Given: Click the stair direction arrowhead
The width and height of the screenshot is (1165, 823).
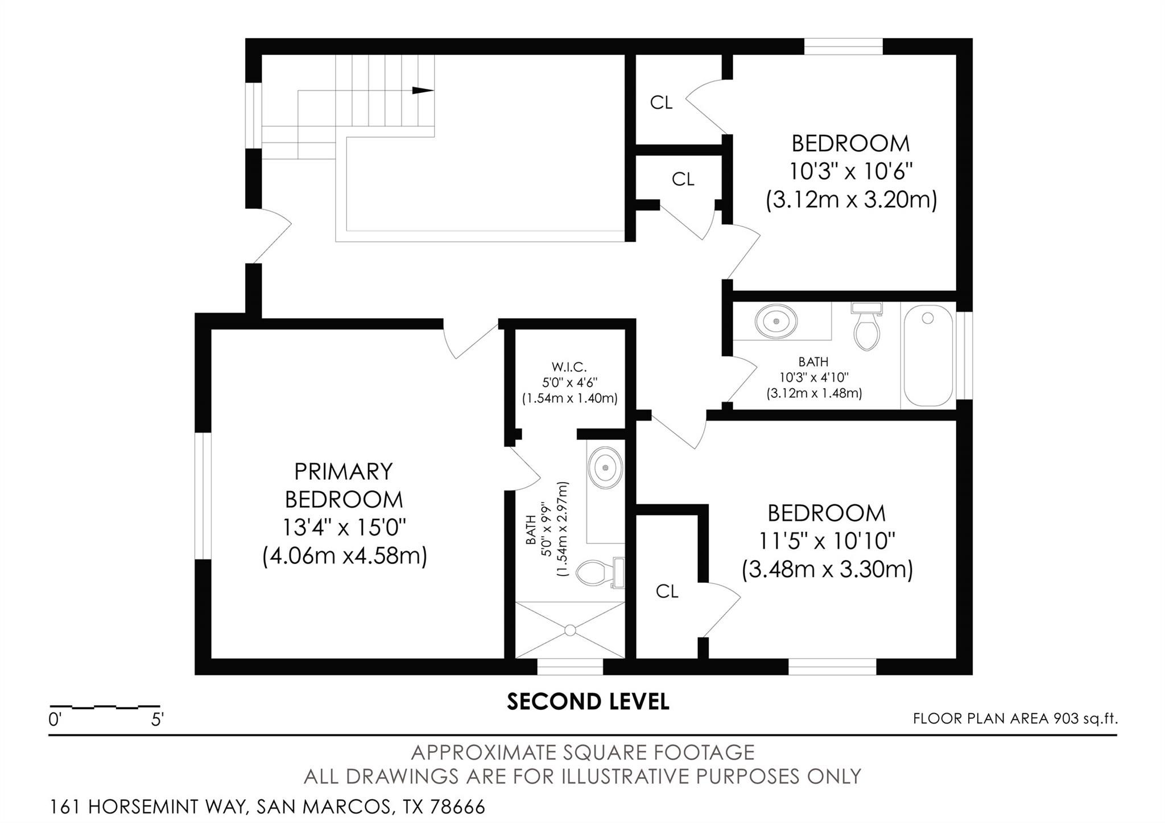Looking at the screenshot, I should pyautogui.click(x=423, y=90).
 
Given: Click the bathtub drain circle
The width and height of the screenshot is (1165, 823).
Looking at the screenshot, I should pyautogui.click(x=928, y=319).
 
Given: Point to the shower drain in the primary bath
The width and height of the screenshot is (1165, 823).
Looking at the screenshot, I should pyautogui.click(x=570, y=630).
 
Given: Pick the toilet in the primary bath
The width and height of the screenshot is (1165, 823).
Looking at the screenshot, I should pyautogui.click(x=597, y=572).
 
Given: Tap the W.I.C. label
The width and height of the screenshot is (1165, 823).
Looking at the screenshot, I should pyautogui.click(x=569, y=367).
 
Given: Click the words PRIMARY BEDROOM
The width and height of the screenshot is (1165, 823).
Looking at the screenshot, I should pyautogui.click(x=344, y=485).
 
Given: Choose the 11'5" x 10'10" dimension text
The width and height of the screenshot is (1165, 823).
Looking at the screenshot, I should pyautogui.click(x=827, y=541).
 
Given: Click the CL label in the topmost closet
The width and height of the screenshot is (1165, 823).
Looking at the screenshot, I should pyautogui.click(x=661, y=103).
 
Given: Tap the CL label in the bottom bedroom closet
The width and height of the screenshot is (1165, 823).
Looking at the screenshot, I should pyautogui.click(x=667, y=592).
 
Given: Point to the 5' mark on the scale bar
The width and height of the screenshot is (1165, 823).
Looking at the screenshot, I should pyautogui.click(x=157, y=719).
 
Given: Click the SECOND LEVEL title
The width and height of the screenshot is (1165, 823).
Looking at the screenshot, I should pyautogui.click(x=588, y=702).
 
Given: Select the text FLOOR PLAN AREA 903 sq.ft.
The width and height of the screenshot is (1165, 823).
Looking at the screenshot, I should pyautogui.click(x=1015, y=718).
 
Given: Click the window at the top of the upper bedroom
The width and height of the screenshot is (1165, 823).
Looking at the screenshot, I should pyautogui.click(x=843, y=47).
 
